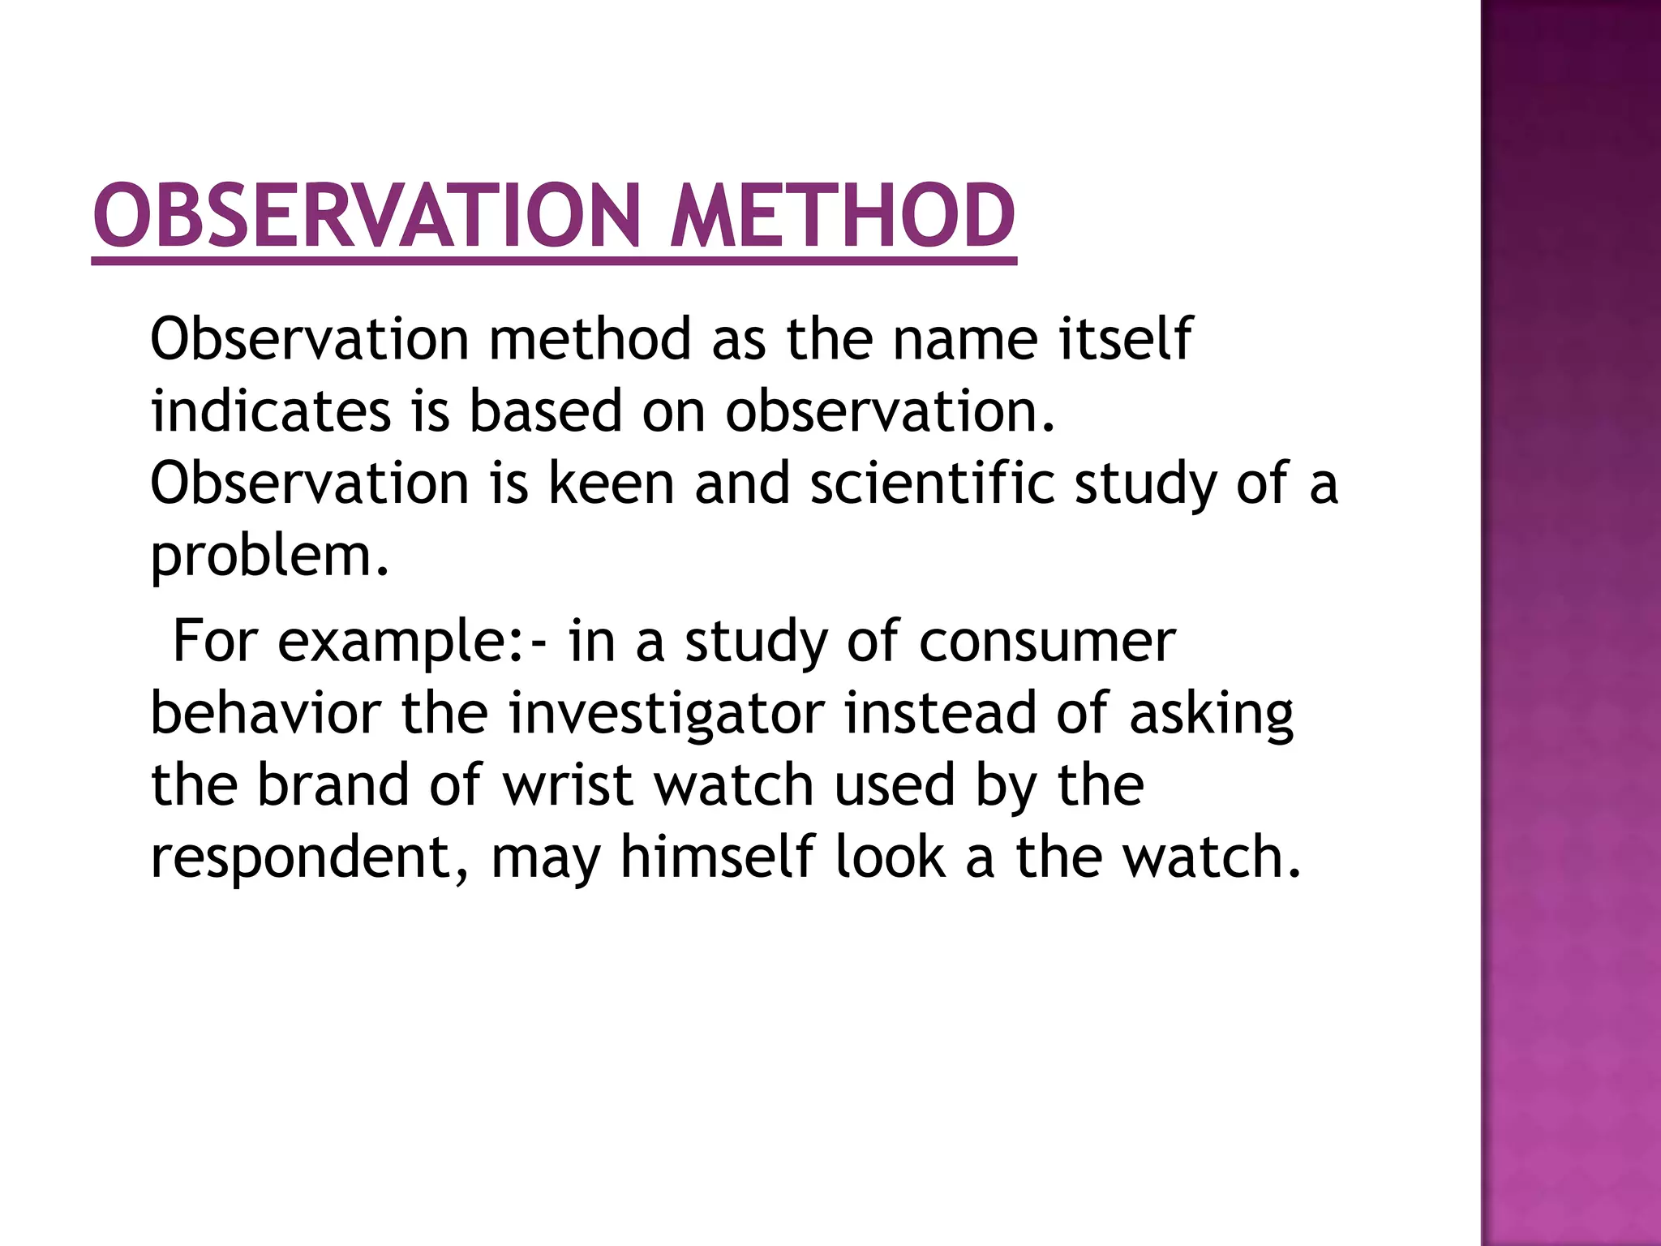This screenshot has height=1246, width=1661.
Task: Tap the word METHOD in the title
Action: [x=842, y=216]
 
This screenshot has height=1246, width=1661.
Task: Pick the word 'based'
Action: [x=546, y=410]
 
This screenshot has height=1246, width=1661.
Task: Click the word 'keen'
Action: [x=612, y=483]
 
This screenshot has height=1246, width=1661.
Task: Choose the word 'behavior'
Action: [x=266, y=714]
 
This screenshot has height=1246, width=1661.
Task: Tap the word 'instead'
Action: [x=940, y=714]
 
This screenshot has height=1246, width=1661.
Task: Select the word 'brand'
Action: [x=333, y=785]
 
